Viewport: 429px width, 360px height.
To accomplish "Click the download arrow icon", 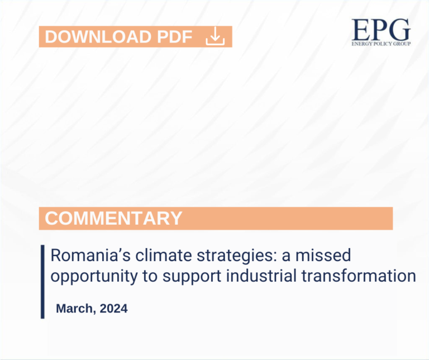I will [x=215, y=37].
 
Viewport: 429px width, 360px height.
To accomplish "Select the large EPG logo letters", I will [x=380, y=29].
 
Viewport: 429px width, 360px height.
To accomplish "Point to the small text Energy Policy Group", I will [x=380, y=43].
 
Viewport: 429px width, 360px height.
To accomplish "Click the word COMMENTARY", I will [x=113, y=218].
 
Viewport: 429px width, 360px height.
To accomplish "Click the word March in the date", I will [x=75, y=308].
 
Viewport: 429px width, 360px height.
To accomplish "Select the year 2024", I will [x=114, y=308].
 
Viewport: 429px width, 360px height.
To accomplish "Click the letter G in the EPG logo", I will [x=399, y=29].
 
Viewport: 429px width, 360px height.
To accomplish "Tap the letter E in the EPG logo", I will [x=360, y=29].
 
